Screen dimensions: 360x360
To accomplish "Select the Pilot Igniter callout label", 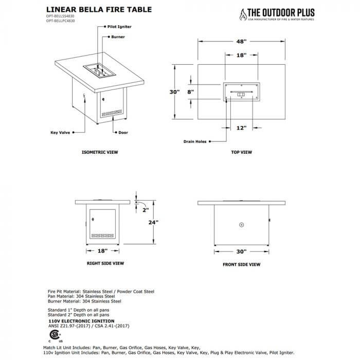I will (119, 25).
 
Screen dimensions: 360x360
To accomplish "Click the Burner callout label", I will (118, 38).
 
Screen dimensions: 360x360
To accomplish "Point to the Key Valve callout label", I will (61, 132).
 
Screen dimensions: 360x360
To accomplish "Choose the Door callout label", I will (123, 132).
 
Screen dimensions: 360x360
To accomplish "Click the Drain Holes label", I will (194, 141).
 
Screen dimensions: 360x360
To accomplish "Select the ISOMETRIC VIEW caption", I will (100, 153).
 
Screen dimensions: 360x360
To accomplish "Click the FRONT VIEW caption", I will (242, 264).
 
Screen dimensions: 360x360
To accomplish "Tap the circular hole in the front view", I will (242, 224).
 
